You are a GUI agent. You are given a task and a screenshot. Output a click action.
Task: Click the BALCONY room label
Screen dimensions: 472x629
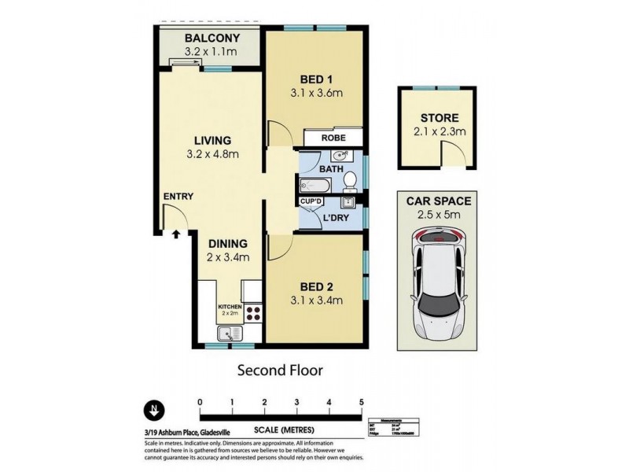[208, 39]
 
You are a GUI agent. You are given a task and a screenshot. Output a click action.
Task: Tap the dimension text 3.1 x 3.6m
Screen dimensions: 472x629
[314, 94]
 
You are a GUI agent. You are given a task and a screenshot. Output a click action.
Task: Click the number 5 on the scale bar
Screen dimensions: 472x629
[361, 402]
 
